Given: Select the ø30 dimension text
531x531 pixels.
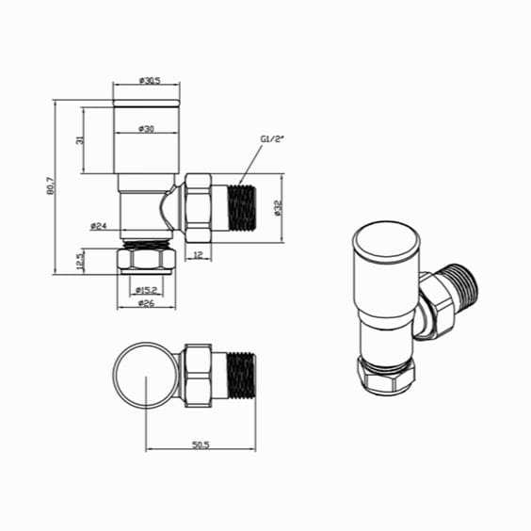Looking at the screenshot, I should [145, 129].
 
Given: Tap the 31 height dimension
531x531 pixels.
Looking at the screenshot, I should [82, 140].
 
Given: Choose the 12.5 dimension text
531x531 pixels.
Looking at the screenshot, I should [82, 259].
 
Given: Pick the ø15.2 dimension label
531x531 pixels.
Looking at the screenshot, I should [146, 290].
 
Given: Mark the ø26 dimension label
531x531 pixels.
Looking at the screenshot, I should [146, 304].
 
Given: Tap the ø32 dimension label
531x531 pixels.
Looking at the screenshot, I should [279, 209].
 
